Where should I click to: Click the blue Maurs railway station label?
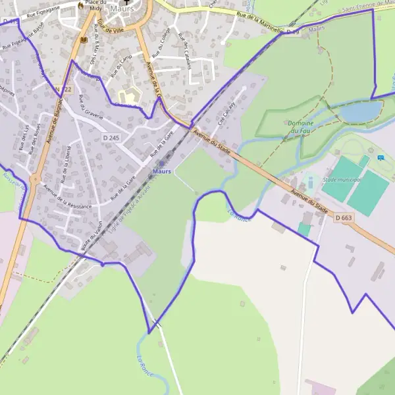(161, 171)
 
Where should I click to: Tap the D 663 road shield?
(344, 218)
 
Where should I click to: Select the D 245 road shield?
(111, 138)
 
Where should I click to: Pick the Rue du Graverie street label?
(92, 107)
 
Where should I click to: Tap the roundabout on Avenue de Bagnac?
(34, 178)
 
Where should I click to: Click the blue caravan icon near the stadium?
(381, 158)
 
